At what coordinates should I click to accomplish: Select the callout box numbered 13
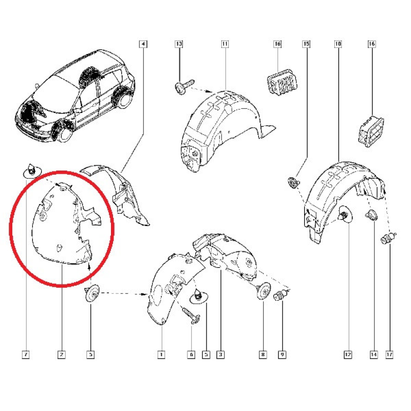pos(179,45)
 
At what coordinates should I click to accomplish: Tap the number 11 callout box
pos(225,45)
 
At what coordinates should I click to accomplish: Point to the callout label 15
pos(307,45)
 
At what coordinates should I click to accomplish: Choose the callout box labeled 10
pos(338,45)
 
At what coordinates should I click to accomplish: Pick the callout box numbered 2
pos(62,354)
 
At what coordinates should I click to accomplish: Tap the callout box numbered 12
pos(348,354)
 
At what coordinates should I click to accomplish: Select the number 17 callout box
pos(388,354)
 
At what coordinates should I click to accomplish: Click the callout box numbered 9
pos(282,354)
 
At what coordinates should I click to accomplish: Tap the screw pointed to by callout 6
pos(191,316)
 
